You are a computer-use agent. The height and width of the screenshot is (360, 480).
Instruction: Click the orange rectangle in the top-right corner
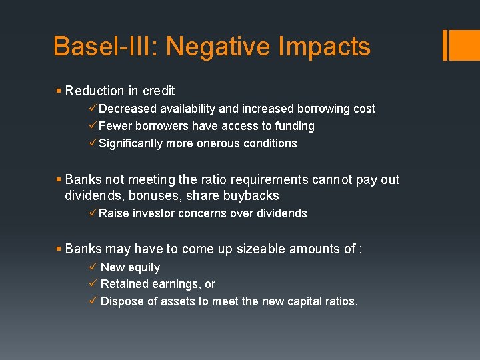461,45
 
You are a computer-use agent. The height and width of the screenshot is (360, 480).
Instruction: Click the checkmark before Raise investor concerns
93,213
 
